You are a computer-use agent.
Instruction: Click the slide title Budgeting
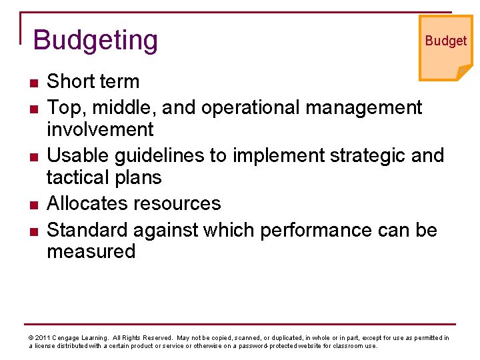pyautogui.click(x=95, y=41)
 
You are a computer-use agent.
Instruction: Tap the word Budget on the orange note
pyautogui.click(x=445, y=41)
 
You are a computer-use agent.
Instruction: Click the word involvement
pyautogui.click(x=100, y=129)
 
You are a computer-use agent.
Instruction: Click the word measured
pyautogui.click(x=91, y=251)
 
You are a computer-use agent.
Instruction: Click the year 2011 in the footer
pyautogui.click(x=42, y=338)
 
